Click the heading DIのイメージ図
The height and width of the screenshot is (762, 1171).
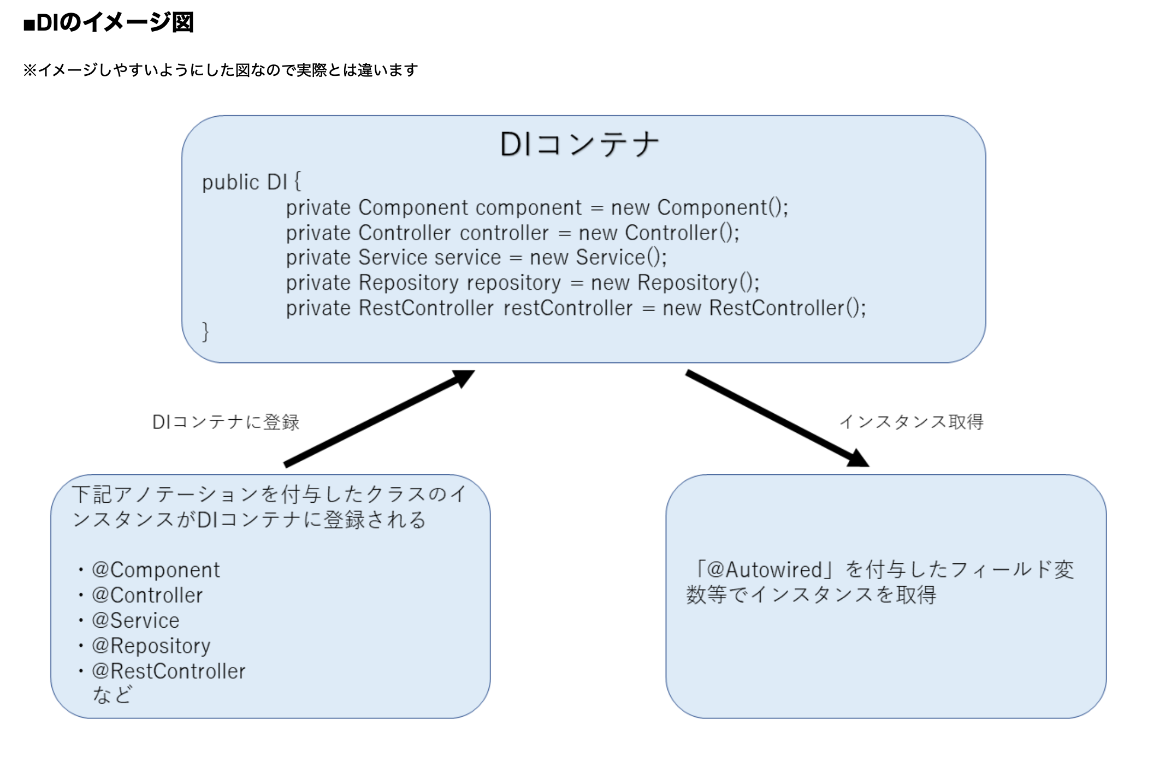click(109, 23)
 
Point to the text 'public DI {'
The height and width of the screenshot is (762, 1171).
click(251, 182)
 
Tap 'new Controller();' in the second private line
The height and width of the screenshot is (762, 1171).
click(659, 233)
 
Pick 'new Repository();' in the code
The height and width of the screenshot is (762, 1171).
click(675, 283)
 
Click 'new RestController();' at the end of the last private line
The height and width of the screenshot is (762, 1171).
click(764, 308)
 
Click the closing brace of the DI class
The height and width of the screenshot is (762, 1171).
click(205, 332)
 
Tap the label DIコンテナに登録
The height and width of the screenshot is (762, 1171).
click(226, 422)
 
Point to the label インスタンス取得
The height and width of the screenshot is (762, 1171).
click(911, 421)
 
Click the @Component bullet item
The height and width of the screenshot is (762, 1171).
click(156, 570)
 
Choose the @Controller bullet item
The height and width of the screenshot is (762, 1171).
click(147, 596)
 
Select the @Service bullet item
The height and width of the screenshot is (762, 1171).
click(135, 621)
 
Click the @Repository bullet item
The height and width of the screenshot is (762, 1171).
click(151, 646)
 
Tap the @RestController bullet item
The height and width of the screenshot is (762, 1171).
click(168, 671)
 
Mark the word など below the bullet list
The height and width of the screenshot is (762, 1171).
click(112, 695)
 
